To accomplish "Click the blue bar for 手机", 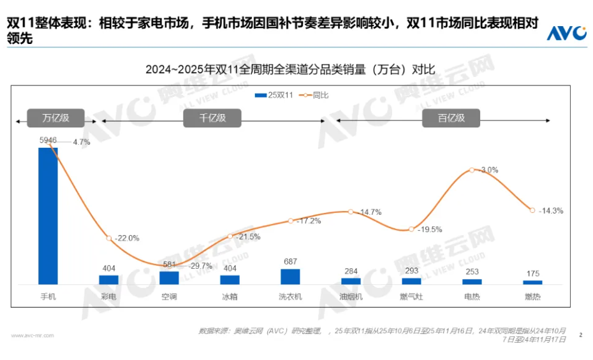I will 48,215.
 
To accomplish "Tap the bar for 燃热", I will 532,282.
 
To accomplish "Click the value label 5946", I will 48,140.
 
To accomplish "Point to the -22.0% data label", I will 126,238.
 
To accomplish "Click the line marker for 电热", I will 472,170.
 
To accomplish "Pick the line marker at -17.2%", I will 290,221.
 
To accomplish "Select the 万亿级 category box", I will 55,118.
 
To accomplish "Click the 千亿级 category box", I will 212,118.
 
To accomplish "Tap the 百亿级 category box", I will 451,118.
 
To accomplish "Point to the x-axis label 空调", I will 169,296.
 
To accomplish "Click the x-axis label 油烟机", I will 351,296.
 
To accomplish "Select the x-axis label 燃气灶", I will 411,296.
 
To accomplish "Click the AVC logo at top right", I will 566,32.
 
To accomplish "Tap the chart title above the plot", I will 290,69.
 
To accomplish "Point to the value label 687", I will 290,261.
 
